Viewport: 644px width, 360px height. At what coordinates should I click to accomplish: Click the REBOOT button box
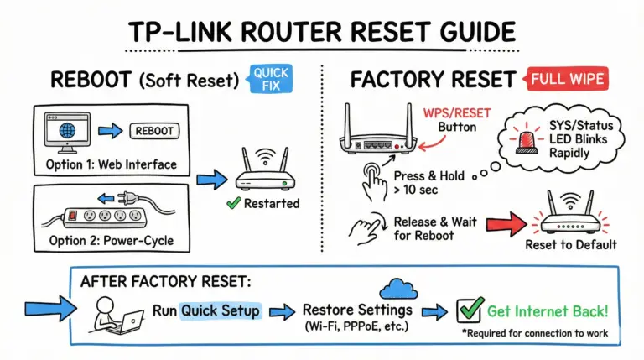tap(157, 131)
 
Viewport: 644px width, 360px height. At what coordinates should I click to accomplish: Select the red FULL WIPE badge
tap(567, 81)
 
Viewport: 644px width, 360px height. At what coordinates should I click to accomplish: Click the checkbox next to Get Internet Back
tap(467, 311)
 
